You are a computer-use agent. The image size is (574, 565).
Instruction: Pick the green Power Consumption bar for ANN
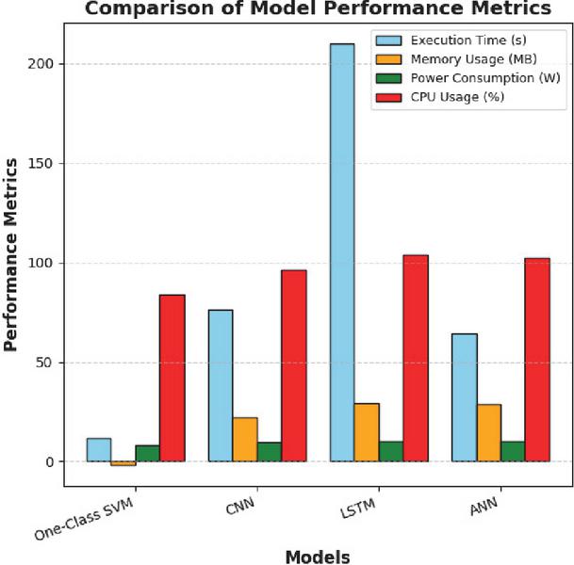(512, 451)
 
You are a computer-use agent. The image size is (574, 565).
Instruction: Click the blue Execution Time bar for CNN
(221, 385)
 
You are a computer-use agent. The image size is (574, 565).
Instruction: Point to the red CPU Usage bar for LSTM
(416, 358)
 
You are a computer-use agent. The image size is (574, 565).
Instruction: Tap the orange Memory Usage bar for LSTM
(367, 432)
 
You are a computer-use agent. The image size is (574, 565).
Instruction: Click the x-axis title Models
(318, 556)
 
